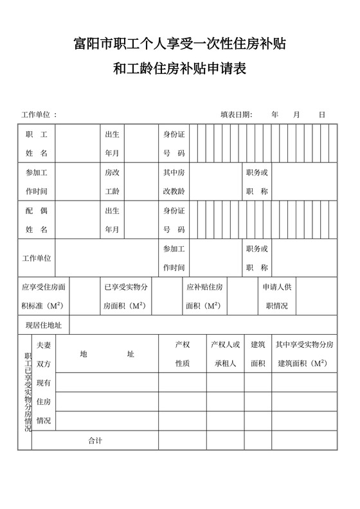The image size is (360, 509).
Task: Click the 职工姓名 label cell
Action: tap(37, 144)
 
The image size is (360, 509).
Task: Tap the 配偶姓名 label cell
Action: tap(37, 220)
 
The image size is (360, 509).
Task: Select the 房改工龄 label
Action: tap(112, 182)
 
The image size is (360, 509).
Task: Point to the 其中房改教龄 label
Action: tap(174, 182)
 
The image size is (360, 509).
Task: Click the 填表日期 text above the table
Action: tap(236, 114)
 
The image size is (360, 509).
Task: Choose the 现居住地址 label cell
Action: tap(43, 325)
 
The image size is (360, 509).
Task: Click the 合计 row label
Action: tap(95, 440)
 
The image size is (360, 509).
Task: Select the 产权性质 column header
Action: tap(183, 354)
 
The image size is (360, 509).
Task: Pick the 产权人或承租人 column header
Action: tap(225, 354)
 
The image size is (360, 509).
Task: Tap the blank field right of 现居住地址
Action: tap(203, 325)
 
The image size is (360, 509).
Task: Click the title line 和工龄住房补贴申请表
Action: tap(180, 68)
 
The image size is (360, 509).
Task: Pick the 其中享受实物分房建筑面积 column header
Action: tap(304, 354)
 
